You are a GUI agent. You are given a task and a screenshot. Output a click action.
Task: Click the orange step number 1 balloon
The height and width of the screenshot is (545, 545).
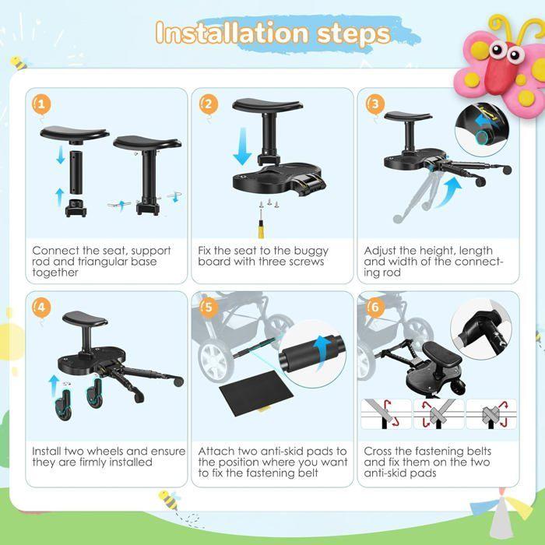click(x=41, y=104)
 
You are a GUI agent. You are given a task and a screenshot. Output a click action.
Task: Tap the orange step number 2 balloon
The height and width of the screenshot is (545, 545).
click(x=209, y=104)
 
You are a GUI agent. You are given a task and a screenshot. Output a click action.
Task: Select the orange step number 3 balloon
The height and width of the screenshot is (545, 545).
click(x=375, y=104)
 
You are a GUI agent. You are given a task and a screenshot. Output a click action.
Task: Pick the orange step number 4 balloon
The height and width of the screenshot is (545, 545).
click(x=41, y=308)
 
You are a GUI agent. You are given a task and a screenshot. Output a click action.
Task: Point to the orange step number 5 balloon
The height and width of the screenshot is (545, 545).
click(x=209, y=308)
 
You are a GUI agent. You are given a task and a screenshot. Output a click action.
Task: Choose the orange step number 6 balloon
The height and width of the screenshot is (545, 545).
click(x=375, y=308)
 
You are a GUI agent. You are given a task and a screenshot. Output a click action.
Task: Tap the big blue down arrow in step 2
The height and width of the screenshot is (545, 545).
click(x=243, y=146)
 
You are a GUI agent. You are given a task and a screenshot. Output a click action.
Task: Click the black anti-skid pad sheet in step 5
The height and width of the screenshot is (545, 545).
click(x=256, y=392)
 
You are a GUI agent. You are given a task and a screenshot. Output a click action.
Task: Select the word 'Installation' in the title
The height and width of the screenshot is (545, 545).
click(x=232, y=33)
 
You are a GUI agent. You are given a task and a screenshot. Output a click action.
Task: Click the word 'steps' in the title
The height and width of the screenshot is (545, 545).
click(x=353, y=34)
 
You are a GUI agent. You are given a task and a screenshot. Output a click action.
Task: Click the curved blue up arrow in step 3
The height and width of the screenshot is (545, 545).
click(x=449, y=192)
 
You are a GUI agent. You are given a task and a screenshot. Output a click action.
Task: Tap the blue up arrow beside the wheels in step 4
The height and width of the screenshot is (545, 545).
click(x=54, y=385)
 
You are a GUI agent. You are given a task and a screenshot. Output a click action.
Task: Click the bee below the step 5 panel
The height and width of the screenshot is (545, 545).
click(x=169, y=500)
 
